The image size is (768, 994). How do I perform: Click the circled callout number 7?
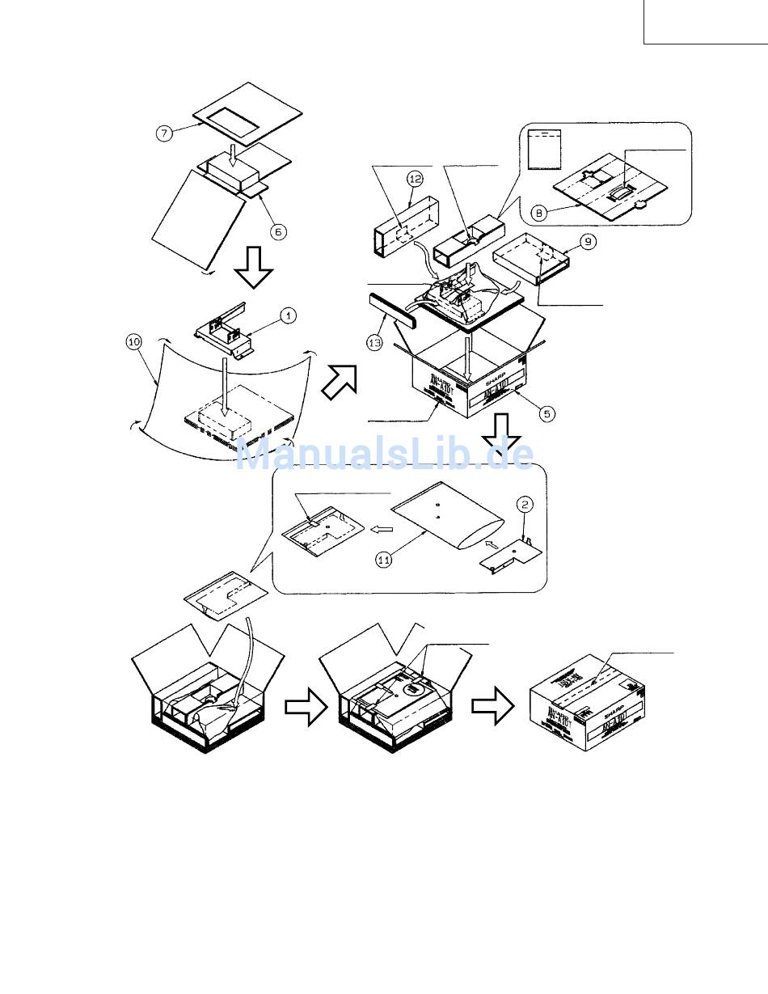pos(165,133)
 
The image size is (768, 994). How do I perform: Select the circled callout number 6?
pos(277,231)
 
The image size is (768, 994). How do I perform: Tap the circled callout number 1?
pos(287,316)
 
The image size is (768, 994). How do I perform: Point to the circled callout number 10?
pos(133,341)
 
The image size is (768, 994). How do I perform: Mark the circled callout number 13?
pos(375,343)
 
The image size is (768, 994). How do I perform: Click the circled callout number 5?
pos(547,413)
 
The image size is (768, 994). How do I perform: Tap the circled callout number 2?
pos(525,505)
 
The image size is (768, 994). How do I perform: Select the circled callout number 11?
pos(384,559)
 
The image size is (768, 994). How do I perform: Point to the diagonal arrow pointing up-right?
pos(339,381)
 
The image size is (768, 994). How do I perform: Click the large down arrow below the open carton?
pos(500,436)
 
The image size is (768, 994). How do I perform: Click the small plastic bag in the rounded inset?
pos(542,148)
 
